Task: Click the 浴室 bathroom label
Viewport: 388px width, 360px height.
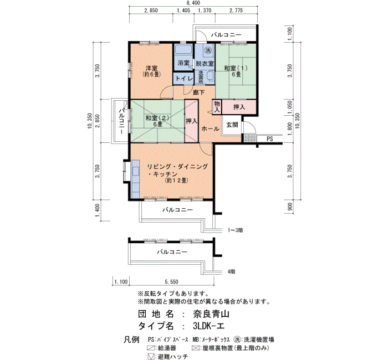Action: point(183,63)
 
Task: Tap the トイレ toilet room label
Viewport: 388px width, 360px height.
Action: point(183,79)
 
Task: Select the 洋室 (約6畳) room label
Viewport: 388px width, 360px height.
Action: point(151,71)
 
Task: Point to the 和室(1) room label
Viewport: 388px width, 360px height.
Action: point(236,71)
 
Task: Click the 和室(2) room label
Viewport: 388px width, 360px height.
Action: point(157,121)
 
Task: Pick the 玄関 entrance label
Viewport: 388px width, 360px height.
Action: point(232,125)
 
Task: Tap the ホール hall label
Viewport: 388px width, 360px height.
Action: point(210,128)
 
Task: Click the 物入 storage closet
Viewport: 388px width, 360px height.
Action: point(217,107)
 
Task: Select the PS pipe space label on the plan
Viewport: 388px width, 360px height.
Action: point(270,139)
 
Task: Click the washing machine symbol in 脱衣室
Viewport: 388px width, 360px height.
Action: point(208,50)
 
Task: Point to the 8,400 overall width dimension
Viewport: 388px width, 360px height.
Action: point(193,3)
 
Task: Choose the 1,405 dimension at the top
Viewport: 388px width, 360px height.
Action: point(183,11)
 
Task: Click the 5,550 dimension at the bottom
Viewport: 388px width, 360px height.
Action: point(171,281)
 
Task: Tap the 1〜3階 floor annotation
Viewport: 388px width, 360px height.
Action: point(235,230)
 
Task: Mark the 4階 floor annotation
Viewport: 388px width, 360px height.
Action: point(231,272)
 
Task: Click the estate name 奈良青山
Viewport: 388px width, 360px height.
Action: point(211,314)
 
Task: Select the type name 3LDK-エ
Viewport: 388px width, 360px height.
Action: point(208,326)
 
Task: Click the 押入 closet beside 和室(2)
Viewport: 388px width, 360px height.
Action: point(192,121)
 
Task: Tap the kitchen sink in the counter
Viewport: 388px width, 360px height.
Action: point(136,171)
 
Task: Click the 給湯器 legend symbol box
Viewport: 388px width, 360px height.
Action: point(151,348)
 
